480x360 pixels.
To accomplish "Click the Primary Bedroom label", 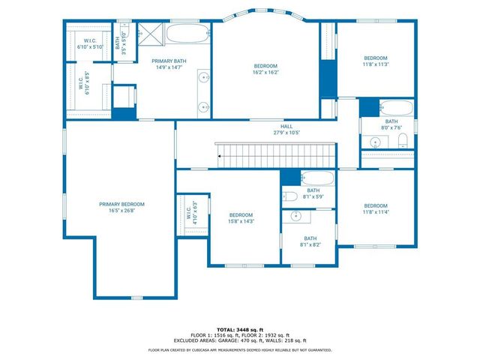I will [121, 207].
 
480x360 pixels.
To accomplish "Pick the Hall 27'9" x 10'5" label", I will [286, 130].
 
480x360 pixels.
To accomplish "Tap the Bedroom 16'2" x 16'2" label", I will [265, 69].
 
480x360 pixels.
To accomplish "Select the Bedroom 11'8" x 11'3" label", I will [376, 61].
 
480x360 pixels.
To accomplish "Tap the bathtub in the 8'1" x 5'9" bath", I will [318, 178].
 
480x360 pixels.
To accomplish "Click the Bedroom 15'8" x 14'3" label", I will [241, 217].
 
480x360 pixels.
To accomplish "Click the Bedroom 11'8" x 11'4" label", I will [376, 209].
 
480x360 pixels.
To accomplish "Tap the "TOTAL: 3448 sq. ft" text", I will [240, 329].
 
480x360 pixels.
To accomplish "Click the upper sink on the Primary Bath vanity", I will [203, 76].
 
